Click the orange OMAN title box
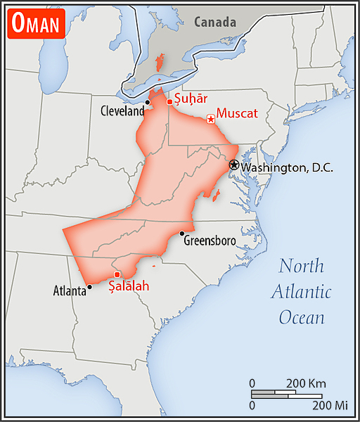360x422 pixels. coord(36,25)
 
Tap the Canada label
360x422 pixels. coord(215,23)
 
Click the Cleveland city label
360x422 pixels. coord(122,111)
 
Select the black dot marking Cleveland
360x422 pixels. coord(148,103)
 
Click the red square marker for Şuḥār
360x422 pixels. coord(169,103)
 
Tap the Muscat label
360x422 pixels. coord(238,113)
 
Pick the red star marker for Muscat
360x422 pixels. coord(210,119)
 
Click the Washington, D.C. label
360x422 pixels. coord(286,167)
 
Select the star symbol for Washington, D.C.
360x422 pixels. coord(233,165)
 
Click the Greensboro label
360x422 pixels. coord(210,241)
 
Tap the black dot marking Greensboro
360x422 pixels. coord(182,234)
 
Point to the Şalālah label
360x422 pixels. coord(129,286)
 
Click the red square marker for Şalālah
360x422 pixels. coord(117,274)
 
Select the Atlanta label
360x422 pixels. coord(70,289)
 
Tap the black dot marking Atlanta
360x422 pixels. coord(89,286)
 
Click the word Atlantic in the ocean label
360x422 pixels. coord(302,292)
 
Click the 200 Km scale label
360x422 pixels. coord(306,383)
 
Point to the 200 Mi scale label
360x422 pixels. coord(330,406)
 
